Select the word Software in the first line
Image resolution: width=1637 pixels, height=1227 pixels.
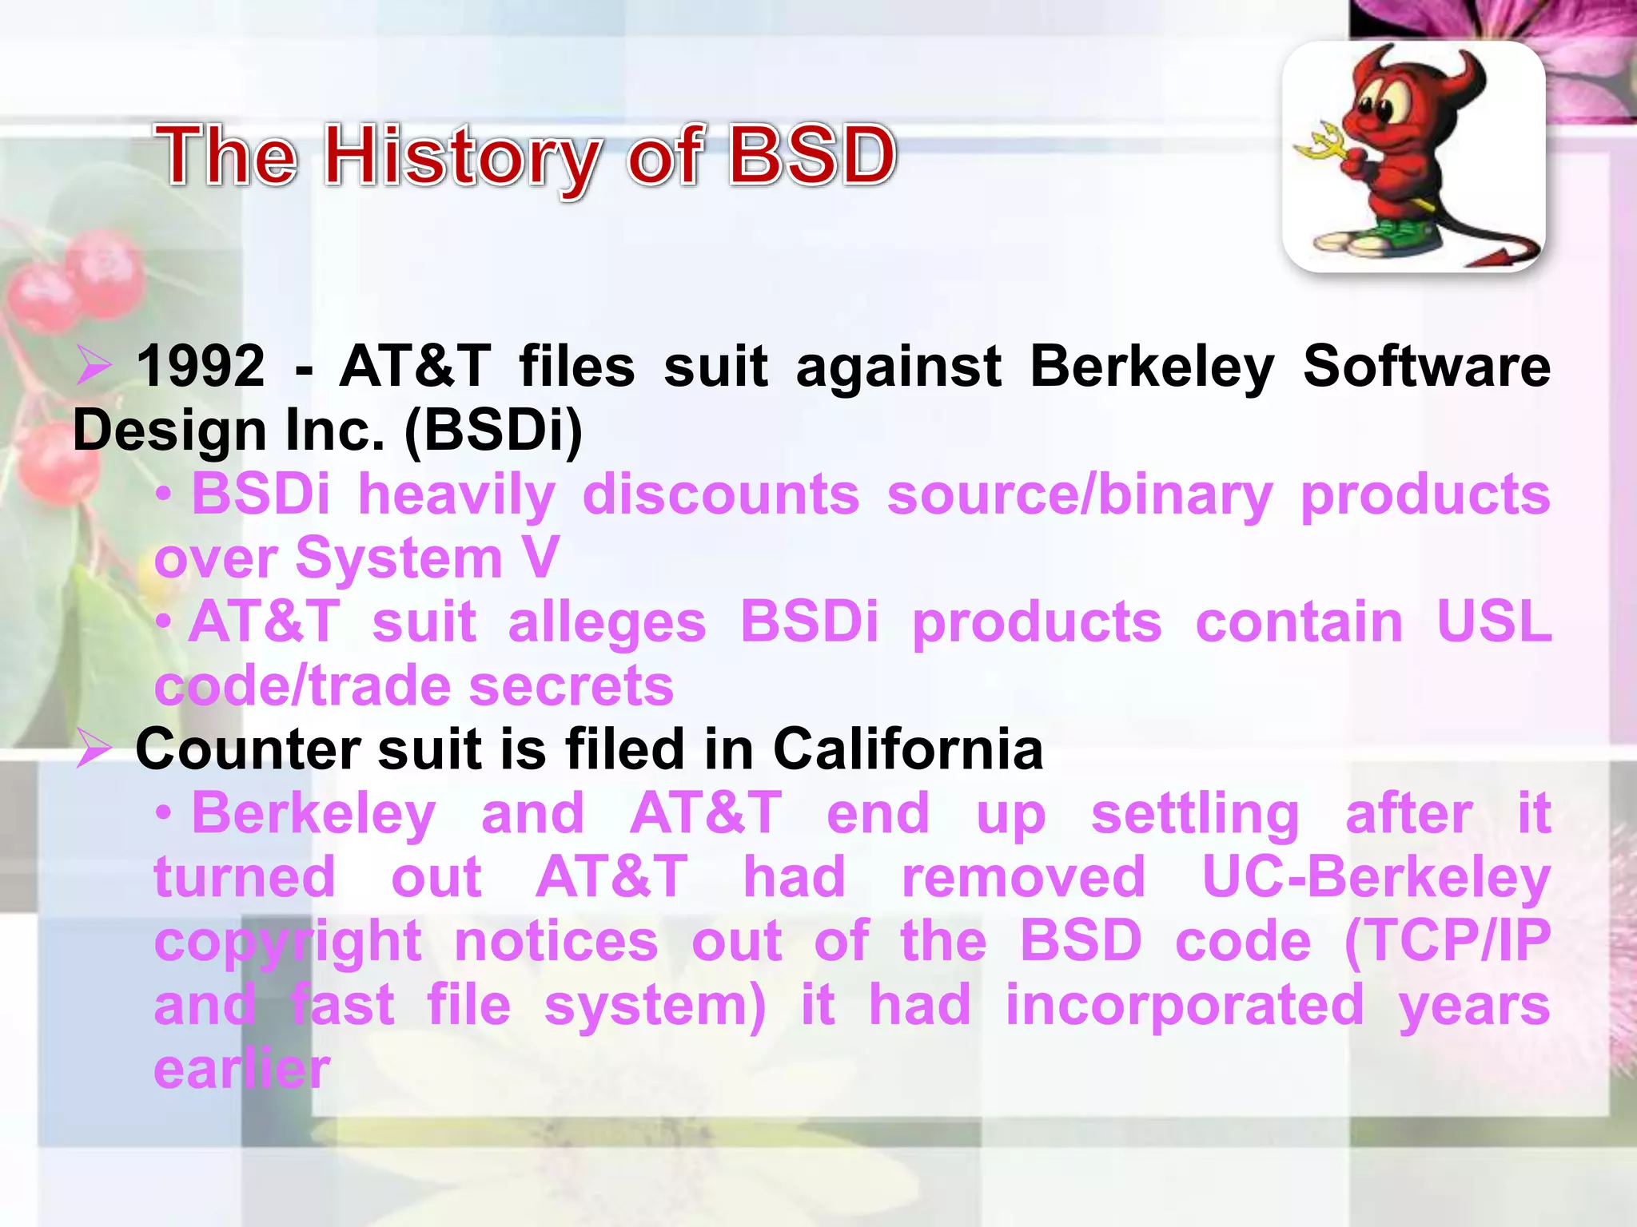pyautogui.click(x=1426, y=367)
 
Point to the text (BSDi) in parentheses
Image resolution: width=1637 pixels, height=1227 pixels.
pyautogui.click(x=493, y=431)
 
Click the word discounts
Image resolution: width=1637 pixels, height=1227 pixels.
pyautogui.click(x=721, y=494)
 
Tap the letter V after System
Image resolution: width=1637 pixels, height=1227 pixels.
pyautogui.click(x=541, y=558)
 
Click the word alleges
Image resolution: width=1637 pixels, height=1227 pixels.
pyautogui.click(x=607, y=622)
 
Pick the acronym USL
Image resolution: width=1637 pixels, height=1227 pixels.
pyautogui.click(x=1493, y=622)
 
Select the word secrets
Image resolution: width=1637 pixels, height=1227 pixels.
pyautogui.click(x=571, y=686)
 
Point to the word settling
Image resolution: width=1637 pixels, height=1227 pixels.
pyautogui.click(x=1195, y=814)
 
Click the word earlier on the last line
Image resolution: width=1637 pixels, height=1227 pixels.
pyautogui.click(x=241, y=1070)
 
